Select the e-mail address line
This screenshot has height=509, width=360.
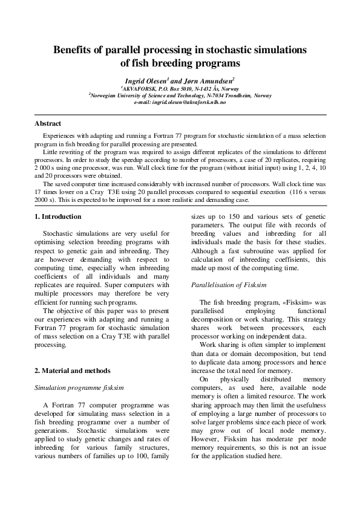pos(180,103)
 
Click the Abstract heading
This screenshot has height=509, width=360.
pos(48,123)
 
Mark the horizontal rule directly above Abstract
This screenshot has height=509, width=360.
pos(180,114)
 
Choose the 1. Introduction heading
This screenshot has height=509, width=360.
pos(57,216)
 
